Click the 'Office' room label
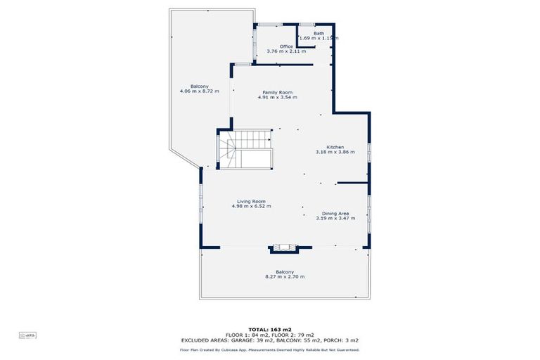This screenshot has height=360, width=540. (x=286, y=46)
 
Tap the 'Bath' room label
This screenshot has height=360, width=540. (x=319, y=33)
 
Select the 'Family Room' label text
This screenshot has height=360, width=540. (x=277, y=92)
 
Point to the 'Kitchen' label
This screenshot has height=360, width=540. (x=335, y=147)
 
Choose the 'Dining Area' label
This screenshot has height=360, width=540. (x=335, y=213)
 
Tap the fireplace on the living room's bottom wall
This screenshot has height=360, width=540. (x=285, y=247)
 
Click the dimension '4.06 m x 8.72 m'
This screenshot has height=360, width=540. (x=199, y=91)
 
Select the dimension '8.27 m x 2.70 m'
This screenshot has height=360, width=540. (x=285, y=277)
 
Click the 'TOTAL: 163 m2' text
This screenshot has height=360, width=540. (x=269, y=329)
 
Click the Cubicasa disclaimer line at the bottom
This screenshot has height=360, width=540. (x=270, y=349)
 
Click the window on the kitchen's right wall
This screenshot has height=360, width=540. (x=368, y=153)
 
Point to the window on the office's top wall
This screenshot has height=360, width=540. (x=268, y=25)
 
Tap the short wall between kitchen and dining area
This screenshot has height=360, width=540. (x=352, y=183)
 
